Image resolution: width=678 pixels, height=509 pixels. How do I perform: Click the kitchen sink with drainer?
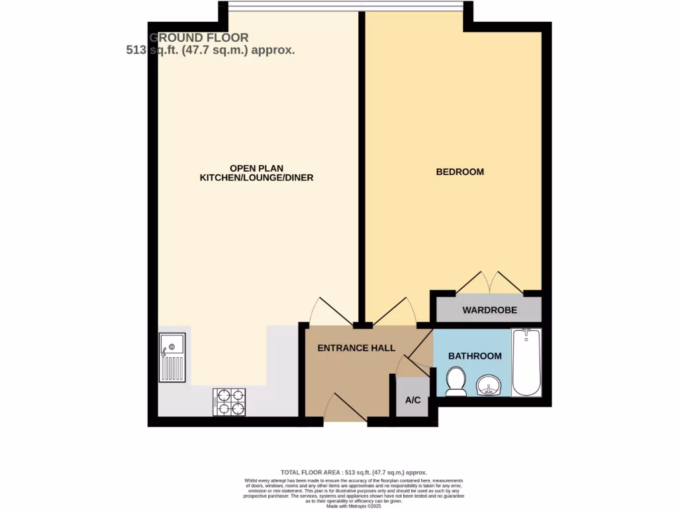point(171,357)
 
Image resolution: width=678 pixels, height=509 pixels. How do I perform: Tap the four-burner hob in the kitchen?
point(229,402)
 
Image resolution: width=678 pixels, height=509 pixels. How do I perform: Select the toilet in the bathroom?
point(456,381)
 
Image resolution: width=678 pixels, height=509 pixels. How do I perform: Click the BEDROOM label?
point(460,172)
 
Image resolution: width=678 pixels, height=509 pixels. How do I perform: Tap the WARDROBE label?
point(489,310)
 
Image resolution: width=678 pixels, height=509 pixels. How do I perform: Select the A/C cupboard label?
point(412,400)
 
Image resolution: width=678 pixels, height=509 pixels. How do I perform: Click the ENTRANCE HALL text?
point(356,348)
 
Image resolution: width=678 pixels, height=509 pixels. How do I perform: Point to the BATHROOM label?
point(475,356)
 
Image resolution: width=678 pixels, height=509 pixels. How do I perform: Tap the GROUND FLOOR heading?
point(199,38)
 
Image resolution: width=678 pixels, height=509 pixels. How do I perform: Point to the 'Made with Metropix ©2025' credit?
point(354,506)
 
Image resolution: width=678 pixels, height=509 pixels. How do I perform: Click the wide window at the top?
point(344,6)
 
